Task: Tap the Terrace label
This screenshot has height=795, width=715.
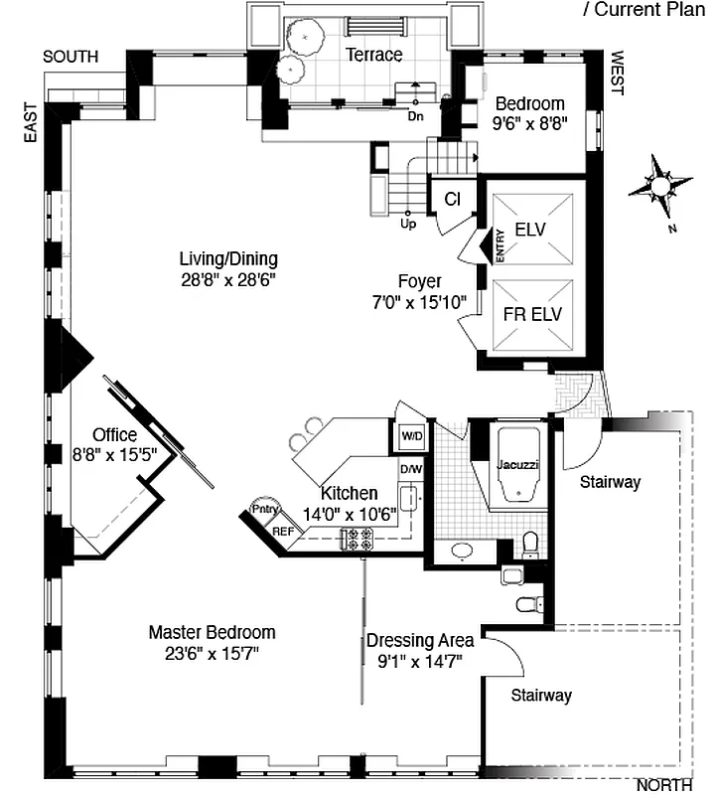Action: (x=374, y=55)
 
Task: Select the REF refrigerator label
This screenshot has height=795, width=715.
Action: (x=283, y=532)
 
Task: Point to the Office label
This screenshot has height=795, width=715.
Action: (x=114, y=435)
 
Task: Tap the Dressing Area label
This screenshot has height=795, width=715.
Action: (x=420, y=640)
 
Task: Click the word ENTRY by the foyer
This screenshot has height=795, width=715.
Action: (x=500, y=245)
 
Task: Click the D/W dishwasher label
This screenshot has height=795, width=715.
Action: (x=410, y=469)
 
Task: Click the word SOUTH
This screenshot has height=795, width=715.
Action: (x=71, y=57)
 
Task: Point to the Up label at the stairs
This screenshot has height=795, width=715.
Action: (x=407, y=224)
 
